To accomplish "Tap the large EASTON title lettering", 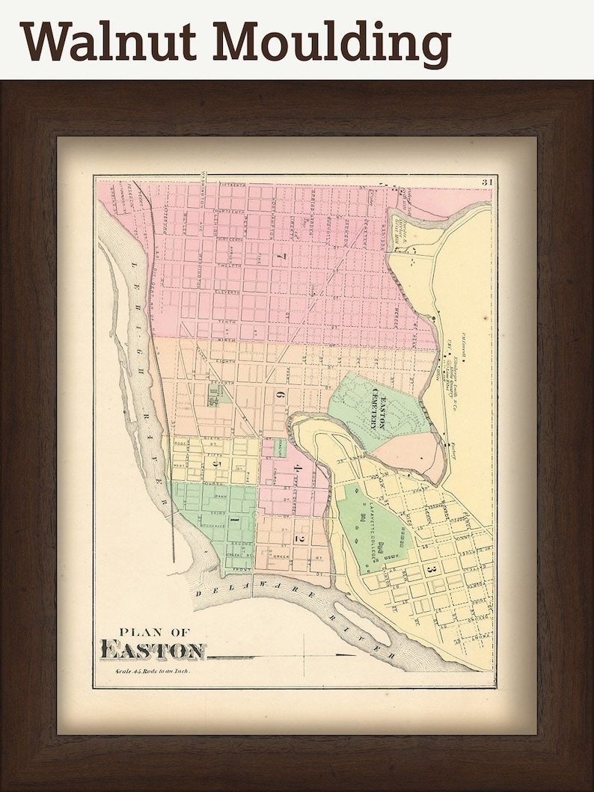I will click(x=153, y=651).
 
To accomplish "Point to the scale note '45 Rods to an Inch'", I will click(x=153, y=672).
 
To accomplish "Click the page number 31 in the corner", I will click(x=486, y=182).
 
